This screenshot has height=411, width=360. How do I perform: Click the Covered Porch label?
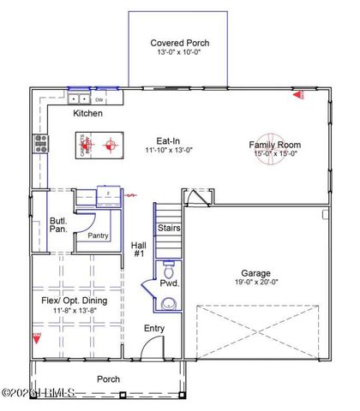pyautogui.click(x=179, y=42)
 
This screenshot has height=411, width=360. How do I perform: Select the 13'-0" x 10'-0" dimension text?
pyautogui.click(x=179, y=52)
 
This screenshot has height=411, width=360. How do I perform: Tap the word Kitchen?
pyautogui.click(x=87, y=113)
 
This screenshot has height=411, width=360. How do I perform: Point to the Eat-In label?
pyautogui.click(x=166, y=140)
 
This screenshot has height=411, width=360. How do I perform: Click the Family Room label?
pyautogui.click(x=274, y=145)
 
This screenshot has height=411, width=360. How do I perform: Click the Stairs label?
pyautogui.click(x=168, y=229)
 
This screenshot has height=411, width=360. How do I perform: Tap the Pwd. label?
pyautogui.click(x=169, y=283)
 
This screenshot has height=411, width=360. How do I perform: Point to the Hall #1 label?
pyautogui.click(x=139, y=250)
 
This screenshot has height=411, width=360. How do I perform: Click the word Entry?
pyautogui.click(x=154, y=328)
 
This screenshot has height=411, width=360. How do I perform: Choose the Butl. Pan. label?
pyautogui.click(x=58, y=225)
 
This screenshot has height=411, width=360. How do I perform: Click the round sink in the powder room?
pyautogui.click(x=169, y=301)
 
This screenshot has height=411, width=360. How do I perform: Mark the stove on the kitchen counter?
pyautogui.click(x=39, y=143)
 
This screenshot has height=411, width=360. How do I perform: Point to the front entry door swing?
pyautogui.click(x=152, y=348)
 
